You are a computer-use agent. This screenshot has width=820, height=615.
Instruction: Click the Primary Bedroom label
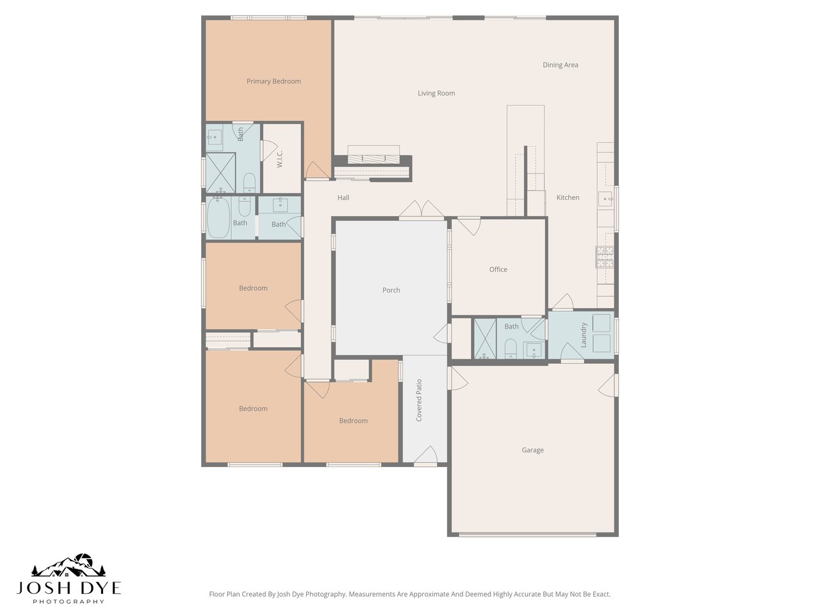[x=274, y=81]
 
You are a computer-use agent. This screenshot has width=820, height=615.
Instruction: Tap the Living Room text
[x=436, y=94]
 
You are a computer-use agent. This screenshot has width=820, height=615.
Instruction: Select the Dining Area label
[x=561, y=65]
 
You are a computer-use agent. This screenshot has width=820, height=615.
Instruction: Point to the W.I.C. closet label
[x=281, y=160]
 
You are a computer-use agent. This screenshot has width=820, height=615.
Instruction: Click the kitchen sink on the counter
[x=605, y=199]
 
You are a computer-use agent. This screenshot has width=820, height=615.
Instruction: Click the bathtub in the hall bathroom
[x=218, y=218]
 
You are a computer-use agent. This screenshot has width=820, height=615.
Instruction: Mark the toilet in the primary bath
[x=250, y=182]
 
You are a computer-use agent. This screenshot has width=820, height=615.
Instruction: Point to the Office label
[x=498, y=270]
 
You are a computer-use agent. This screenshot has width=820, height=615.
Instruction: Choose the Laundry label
[x=584, y=335]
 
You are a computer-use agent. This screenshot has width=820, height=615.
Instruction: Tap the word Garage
[x=532, y=450]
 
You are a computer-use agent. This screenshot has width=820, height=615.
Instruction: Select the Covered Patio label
[x=419, y=400]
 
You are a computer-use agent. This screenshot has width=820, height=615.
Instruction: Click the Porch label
[x=391, y=290]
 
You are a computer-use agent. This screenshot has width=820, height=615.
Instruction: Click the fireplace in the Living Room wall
[x=373, y=158]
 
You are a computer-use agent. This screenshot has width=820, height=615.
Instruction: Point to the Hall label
[x=343, y=198]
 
